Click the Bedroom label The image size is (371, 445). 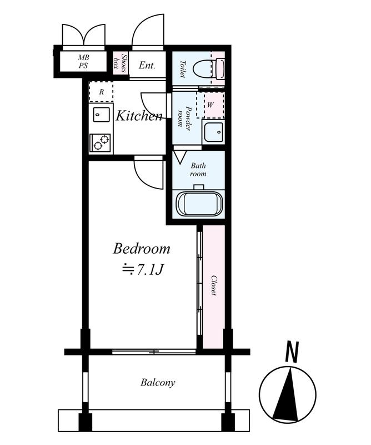tap(142, 249)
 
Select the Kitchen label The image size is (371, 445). tap(139, 116)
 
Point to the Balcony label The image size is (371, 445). tap(158, 383)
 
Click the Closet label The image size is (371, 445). tap(214, 285)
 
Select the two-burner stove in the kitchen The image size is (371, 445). tap(100, 143)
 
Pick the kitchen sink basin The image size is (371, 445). tap(101, 115)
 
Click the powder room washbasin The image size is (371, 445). tap(213, 132)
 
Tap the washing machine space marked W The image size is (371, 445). tap(210, 105)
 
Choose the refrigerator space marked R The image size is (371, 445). tap(101, 92)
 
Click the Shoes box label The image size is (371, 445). tap(120, 63)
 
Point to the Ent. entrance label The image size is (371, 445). tap(147, 66)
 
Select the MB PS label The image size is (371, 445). tap(84, 62)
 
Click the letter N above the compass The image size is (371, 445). tap(292, 352)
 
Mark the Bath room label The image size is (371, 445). tap(198, 170)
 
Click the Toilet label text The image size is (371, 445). tap(183, 69)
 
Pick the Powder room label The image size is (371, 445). tap(184, 116)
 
